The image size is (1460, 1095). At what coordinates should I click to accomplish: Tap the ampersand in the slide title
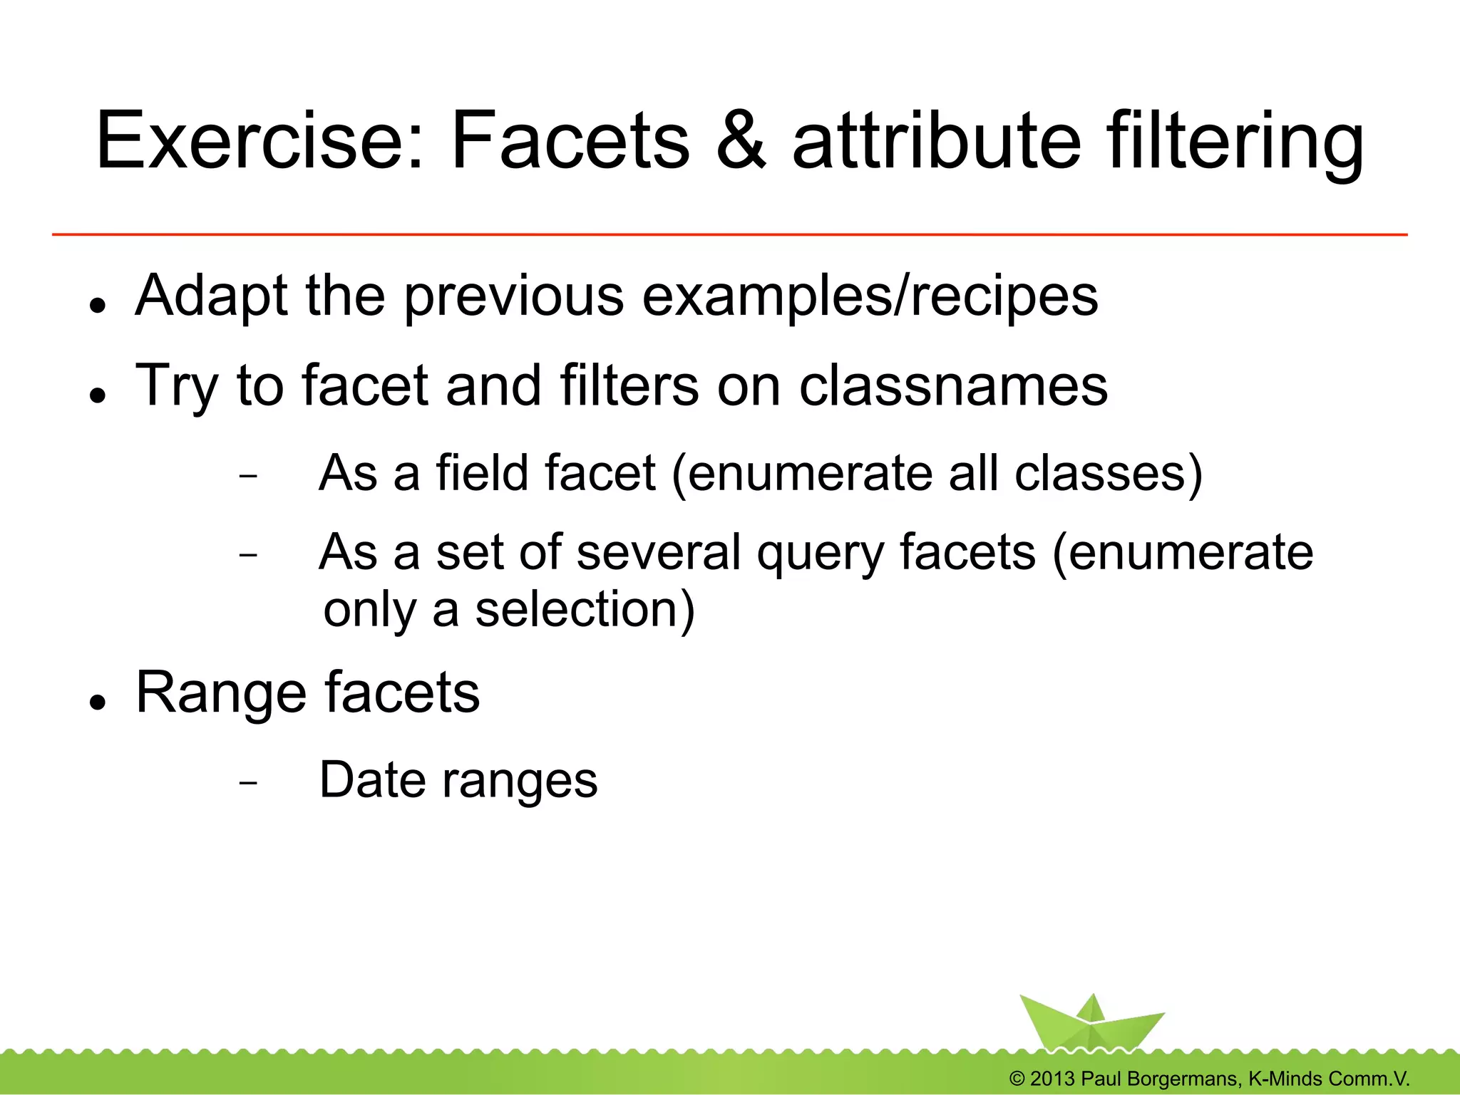[741, 140]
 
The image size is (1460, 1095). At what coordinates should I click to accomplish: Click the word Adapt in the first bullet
[211, 296]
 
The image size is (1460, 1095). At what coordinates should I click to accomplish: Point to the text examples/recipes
[870, 296]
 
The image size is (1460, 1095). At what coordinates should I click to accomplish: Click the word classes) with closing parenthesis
[1108, 474]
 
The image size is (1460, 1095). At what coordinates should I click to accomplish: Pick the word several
[659, 552]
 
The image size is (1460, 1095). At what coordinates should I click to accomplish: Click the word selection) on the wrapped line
[585, 610]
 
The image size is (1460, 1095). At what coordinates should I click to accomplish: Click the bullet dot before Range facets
[98, 702]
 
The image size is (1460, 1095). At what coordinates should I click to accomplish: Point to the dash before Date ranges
[248, 782]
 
